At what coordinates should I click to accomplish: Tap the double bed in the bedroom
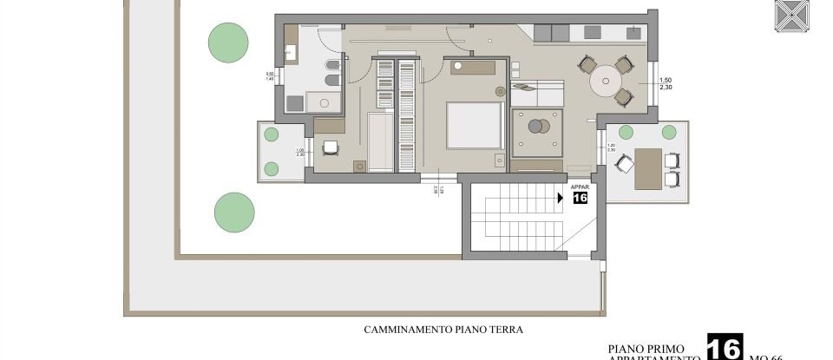[474, 125]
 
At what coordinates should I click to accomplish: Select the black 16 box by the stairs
[580, 198]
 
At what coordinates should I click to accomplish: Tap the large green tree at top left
[225, 40]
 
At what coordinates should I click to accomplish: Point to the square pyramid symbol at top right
[791, 16]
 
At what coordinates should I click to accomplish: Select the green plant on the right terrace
[668, 132]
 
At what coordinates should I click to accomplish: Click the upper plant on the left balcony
[272, 134]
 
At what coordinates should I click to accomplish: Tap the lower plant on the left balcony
[272, 168]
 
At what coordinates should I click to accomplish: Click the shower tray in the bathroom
[325, 102]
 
